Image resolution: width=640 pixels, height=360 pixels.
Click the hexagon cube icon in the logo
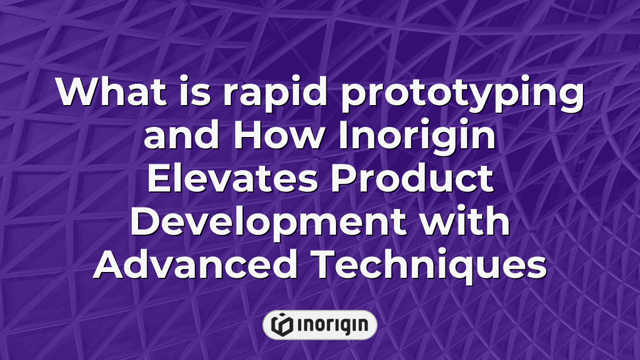coord(282,324)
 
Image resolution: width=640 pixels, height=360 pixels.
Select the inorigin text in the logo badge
coord(331,325)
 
